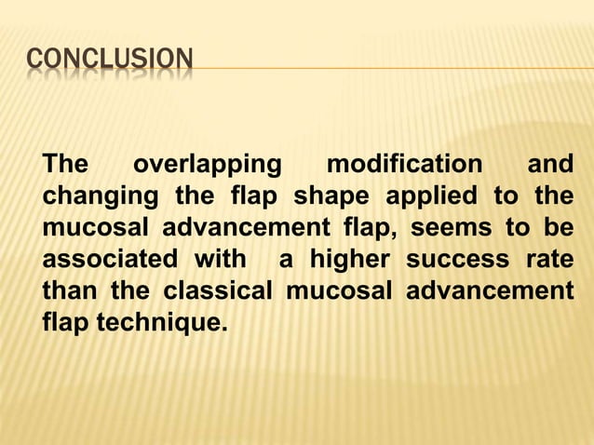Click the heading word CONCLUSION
[x=110, y=62]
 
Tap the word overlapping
[x=208, y=166]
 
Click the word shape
[x=333, y=197]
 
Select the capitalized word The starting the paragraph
[x=66, y=166]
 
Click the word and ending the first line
[x=550, y=166]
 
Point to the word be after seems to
[x=559, y=229]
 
